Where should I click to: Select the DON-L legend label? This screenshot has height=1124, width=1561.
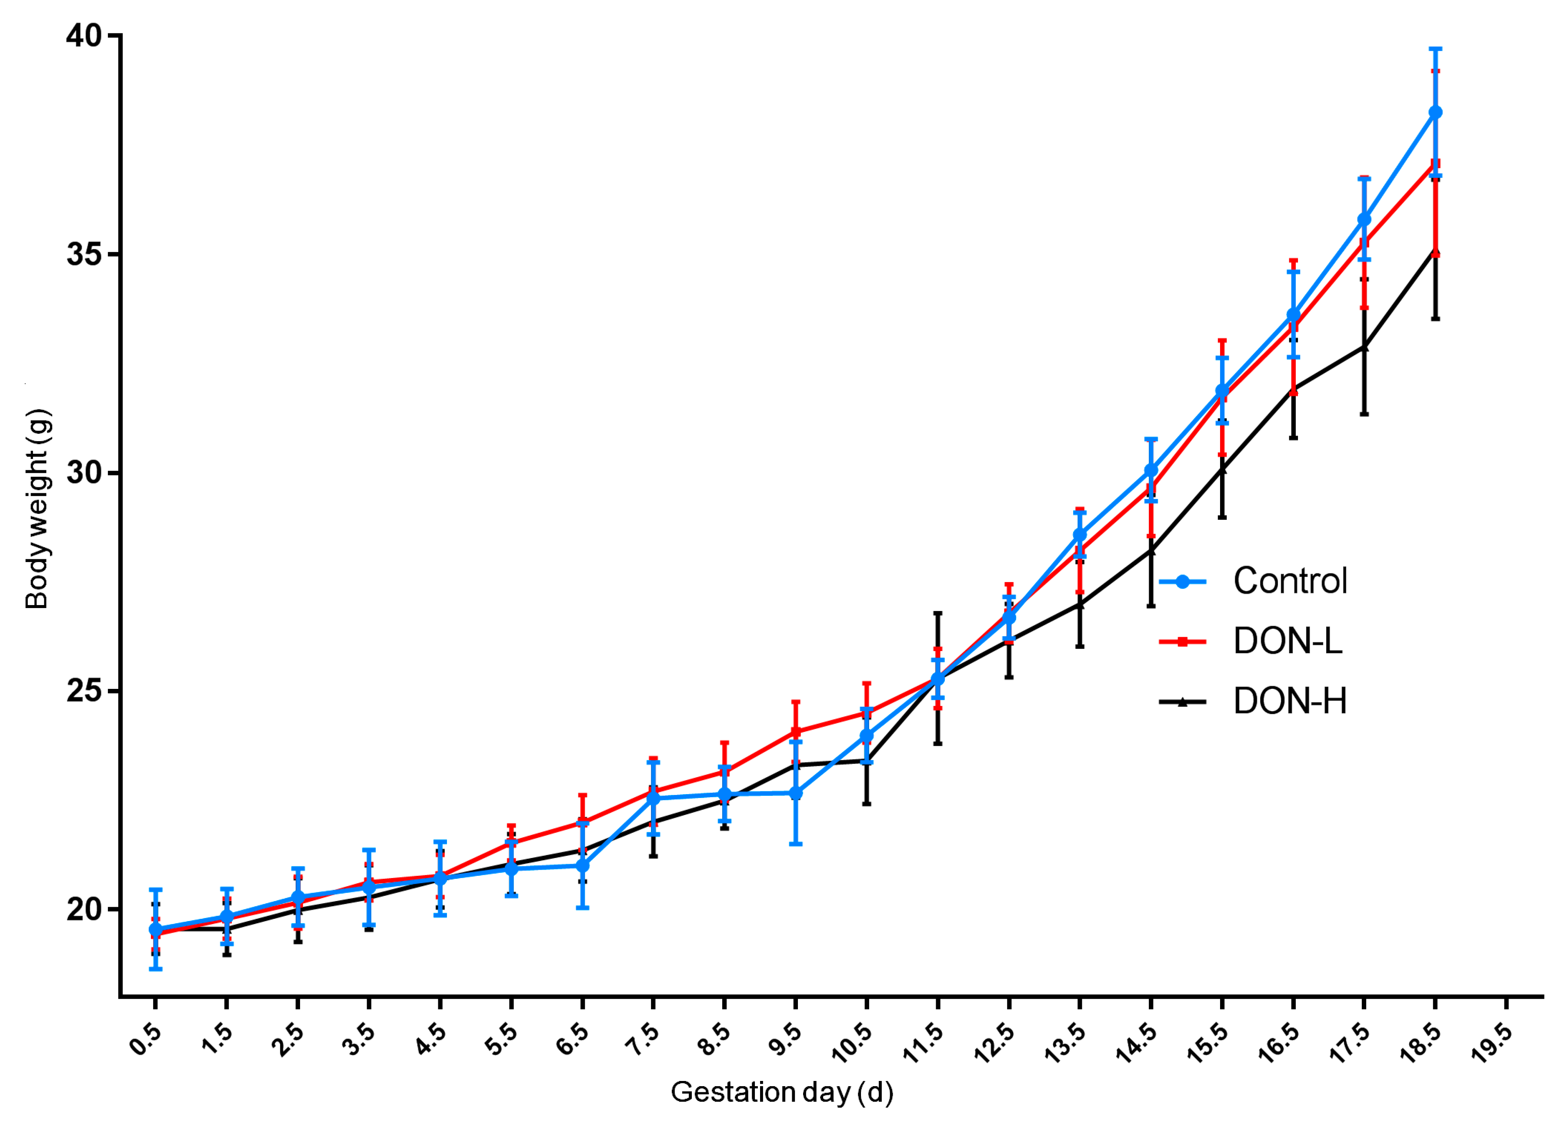pyautogui.click(x=1287, y=641)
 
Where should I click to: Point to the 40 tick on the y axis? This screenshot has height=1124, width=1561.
pyautogui.click(x=84, y=35)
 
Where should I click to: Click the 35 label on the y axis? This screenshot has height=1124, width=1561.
pyautogui.click(x=84, y=254)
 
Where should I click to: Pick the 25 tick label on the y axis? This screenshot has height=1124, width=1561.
pyautogui.click(x=84, y=692)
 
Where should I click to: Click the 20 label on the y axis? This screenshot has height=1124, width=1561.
pyautogui.click(x=84, y=909)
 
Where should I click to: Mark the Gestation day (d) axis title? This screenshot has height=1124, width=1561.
pyautogui.click(x=782, y=1092)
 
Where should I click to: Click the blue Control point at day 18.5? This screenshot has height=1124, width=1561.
pyautogui.click(x=1435, y=113)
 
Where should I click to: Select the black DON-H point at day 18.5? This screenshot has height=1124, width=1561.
pyautogui.click(x=1435, y=253)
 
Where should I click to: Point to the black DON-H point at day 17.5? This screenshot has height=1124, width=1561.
pyautogui.click(x=1364, y=347)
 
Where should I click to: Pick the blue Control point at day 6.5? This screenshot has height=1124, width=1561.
pyautogui.click(x=582, y=865)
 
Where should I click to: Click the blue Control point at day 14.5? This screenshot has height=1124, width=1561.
pyautogui.click(x=1151, y=471)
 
